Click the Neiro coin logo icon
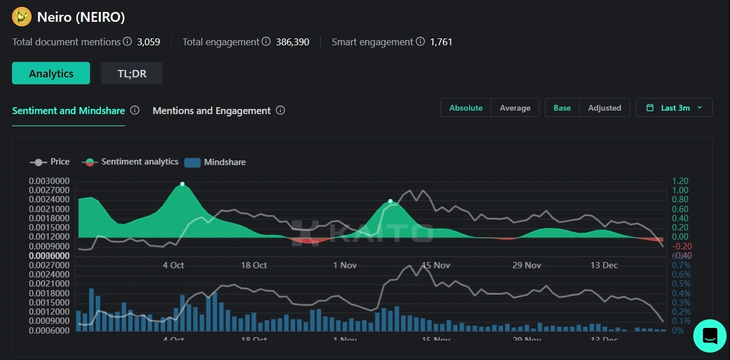click(22, 17)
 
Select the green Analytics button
click(51, 73)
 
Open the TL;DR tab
click(132, 73)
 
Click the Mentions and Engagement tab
click(211, 111)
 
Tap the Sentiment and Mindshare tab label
click(68, 111)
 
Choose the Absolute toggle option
click(466, 108)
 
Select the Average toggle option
click(514, 108)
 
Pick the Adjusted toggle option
click(604, 108)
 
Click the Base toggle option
click(561, 108)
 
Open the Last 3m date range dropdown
click(674, 108)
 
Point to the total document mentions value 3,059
click(149, 42)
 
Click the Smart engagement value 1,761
click(441, 42)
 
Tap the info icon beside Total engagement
click(266, 42)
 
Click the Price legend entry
click(50, 162)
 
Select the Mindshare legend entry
click(216, 162)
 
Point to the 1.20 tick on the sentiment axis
click(680, 181)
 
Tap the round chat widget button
click(709, 335)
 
